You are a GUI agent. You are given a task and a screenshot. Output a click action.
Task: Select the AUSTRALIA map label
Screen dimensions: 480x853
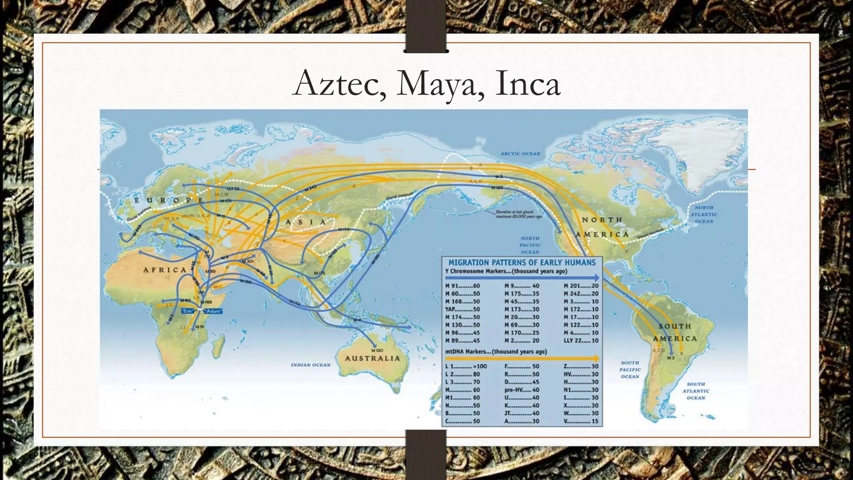[x=372, y=358]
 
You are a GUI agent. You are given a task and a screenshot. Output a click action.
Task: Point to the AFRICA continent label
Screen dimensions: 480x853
[x=165, y=270]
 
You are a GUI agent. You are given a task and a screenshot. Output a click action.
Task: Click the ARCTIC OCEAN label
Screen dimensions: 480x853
[x=520, y=154]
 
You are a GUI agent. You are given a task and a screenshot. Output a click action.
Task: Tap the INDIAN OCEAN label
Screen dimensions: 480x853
[x=310, y=365]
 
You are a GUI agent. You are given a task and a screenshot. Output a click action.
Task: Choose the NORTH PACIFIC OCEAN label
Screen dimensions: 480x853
[x=530, y=245]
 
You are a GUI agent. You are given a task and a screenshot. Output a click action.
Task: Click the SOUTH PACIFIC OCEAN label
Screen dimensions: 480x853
[x=630, y=370]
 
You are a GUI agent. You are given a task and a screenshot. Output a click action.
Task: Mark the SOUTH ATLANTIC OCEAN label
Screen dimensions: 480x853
[x=696, y=391]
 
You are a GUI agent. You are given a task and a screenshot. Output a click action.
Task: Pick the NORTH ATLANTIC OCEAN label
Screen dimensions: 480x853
[x=704, y=214]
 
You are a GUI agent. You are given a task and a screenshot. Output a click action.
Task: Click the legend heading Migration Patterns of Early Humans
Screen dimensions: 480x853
[x=522, y=262]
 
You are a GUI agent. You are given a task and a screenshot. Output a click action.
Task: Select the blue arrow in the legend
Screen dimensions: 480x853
[x=522, y=278]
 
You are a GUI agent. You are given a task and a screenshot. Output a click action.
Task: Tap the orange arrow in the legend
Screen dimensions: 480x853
[x=522, y=358]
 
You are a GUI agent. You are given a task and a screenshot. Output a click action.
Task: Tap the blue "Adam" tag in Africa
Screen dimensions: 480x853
[x=213, y=311]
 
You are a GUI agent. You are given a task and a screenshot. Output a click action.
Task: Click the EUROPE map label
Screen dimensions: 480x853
[x=169, y=201]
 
